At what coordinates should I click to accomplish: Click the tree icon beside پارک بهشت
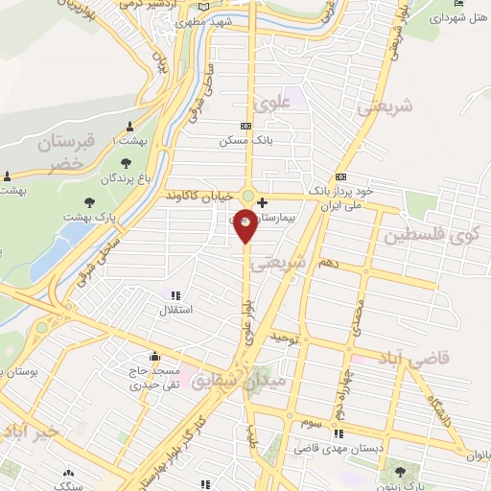(89, 202)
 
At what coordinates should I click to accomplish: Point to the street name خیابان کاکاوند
(199, 195)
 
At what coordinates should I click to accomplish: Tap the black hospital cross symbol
(263, 202)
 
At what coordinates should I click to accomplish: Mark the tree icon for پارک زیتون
(398, 471)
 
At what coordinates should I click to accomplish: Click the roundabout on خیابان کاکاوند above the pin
(247, 197)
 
